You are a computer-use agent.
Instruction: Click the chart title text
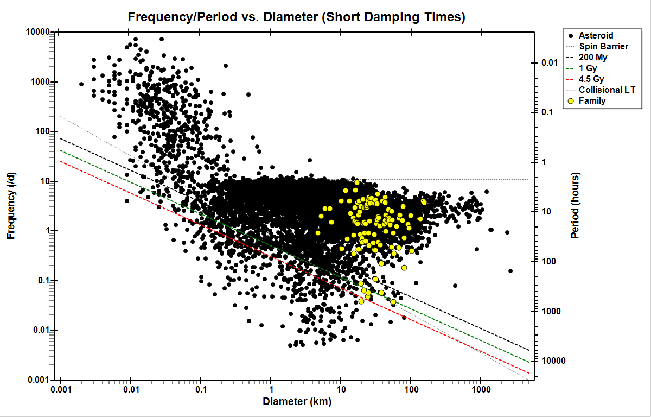point(296,17)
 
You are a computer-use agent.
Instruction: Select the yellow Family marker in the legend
point(570,100)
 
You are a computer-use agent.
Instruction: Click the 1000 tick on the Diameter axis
point(480,391)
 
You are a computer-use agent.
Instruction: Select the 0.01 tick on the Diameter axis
point(130,391)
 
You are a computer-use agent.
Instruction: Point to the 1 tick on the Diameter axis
point(270,391)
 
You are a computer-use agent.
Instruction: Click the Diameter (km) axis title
point(297,402)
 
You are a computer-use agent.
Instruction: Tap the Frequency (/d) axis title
point(11,206)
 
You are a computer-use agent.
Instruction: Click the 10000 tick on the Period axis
point(551,361)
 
